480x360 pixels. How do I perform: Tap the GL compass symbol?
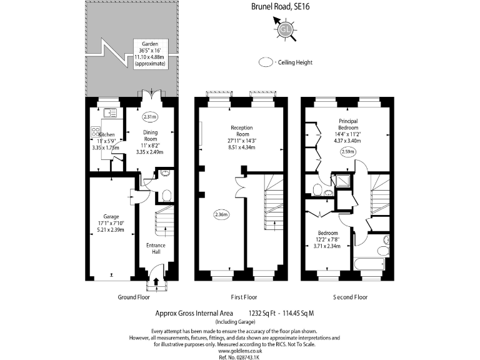[x=286, y=29]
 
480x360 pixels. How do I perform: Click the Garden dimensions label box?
[x=150, y=54]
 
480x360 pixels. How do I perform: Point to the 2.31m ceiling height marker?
[x=150, y=117]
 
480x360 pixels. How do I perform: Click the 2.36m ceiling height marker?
[x=221, y=214]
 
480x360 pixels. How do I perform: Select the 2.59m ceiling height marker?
[x=348, y=152]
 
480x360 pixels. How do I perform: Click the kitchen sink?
[x=108, y=113]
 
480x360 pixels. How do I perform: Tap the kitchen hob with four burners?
[x=96, y=132]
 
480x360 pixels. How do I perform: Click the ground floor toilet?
[x=166, y=196]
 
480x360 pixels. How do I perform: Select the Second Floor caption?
[x=351, y=297]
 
